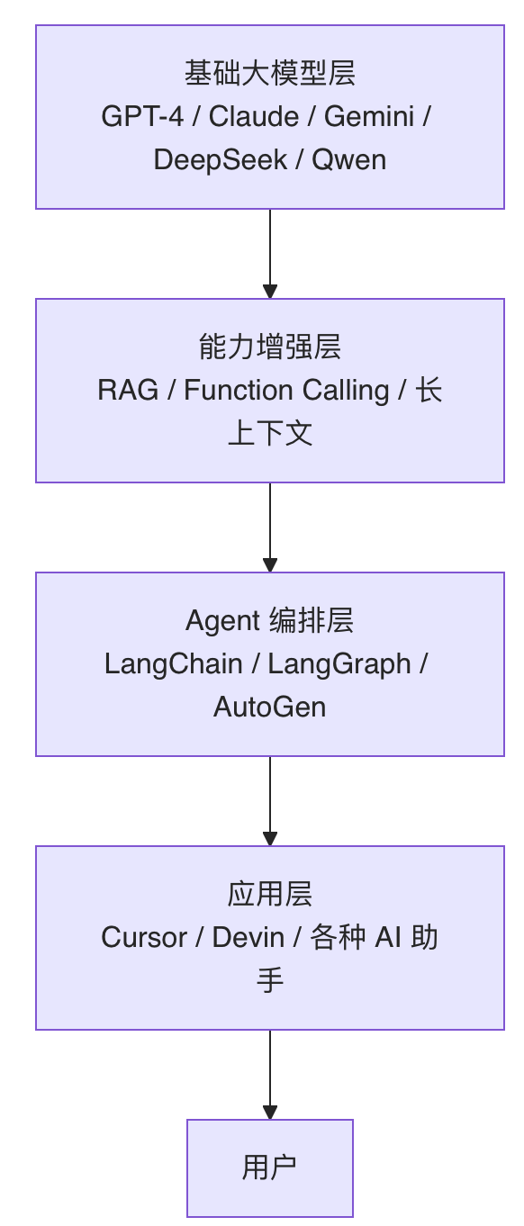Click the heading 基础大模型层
[270, 73]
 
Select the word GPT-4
[142, 117]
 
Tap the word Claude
[254, 117]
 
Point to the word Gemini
[369, 117]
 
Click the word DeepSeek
[220, 160]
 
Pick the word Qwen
[349, 160]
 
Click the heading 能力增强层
[270, 347]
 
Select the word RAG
[128, 391]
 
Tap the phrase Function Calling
[287, 391]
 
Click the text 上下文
[270, 434]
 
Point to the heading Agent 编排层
[270, 621]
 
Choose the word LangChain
[174, 664]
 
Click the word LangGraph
[339, 664]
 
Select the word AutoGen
[270, 708]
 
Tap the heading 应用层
[270, 895]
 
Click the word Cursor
[145, 938]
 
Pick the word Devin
[248, 938]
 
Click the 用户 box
[270, 1168]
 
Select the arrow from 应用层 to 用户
[270, 1075]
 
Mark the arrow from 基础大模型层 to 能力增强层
[270, 254]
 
